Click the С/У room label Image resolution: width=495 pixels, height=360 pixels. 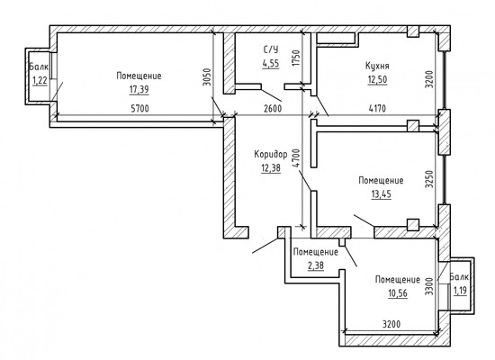coord(270,49)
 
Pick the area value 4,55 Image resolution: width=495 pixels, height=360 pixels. coord(270,64)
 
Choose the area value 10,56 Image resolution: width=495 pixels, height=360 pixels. coord(398,294)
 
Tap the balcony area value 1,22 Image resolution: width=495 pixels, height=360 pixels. coord(40,81)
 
